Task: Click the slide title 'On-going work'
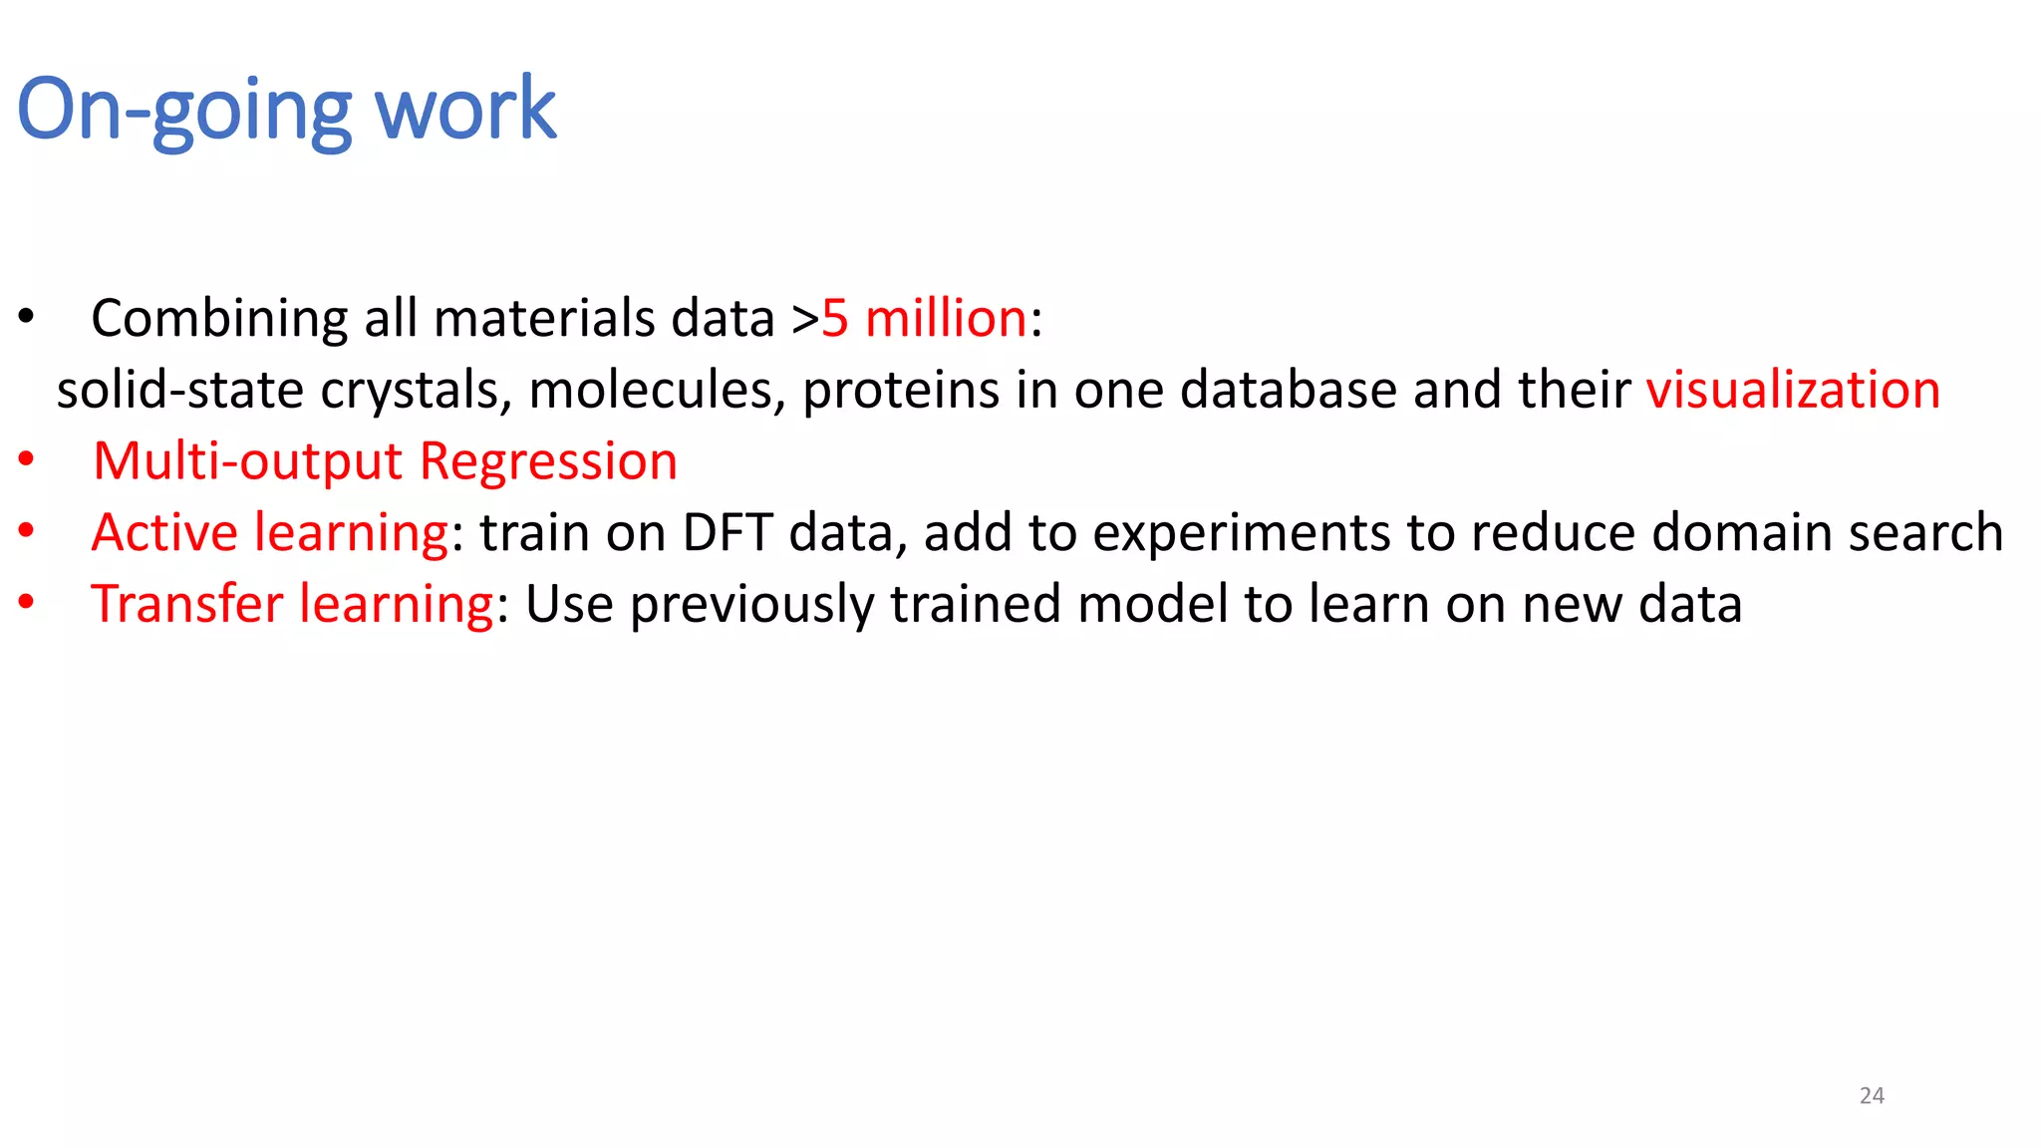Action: (x=286, y=109)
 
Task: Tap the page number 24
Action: (x=1872, y=1095)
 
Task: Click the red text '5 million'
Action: (x=924, y=319)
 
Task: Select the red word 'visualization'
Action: (x=1792, y=390)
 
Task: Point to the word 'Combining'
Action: (x=219, y=319)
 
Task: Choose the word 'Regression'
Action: (x=548, y=461)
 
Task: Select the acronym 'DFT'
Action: (x=728, y=532)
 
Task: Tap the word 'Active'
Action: (x=164, y=532)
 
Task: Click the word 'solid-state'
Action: (x=179, y=390)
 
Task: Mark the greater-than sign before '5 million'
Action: (x=805, y=320)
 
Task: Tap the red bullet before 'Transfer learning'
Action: (x=26, y=602)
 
